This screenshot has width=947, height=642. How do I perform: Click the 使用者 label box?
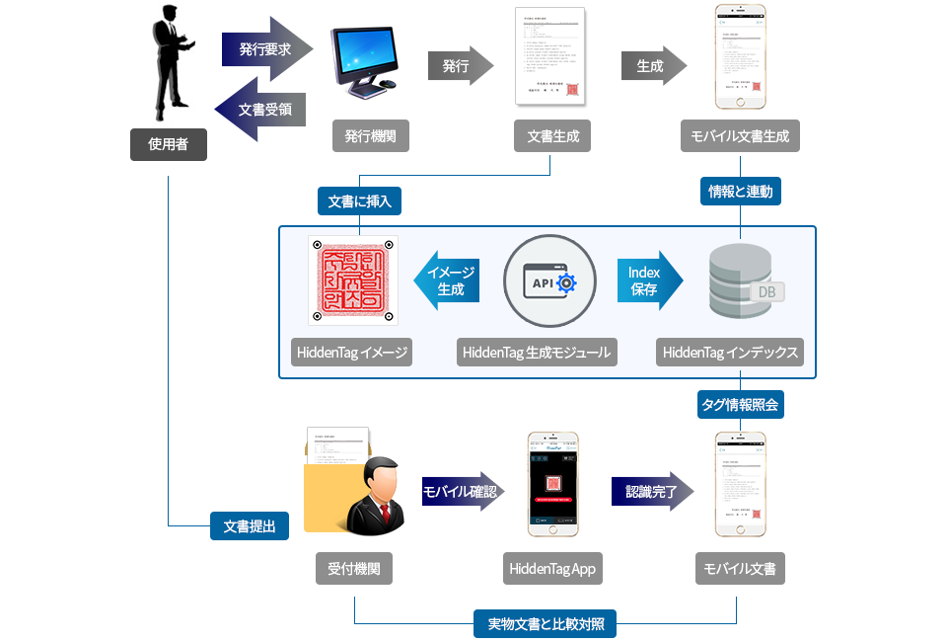coord(169,144)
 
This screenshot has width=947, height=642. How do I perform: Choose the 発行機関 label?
coord(371,137)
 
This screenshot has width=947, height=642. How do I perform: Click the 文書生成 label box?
coord(552,137)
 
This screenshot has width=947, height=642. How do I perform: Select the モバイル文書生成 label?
coord(740,137)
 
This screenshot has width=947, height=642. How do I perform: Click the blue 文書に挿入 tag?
coord(359,201)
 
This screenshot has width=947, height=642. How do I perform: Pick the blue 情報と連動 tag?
coord(741,191)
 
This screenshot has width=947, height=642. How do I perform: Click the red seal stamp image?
coord(353,281)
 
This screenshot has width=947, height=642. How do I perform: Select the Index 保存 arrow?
coord(648,281)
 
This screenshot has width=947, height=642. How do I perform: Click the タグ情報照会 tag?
coord(741,404)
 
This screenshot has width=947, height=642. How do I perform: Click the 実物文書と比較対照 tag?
coord(546,623)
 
